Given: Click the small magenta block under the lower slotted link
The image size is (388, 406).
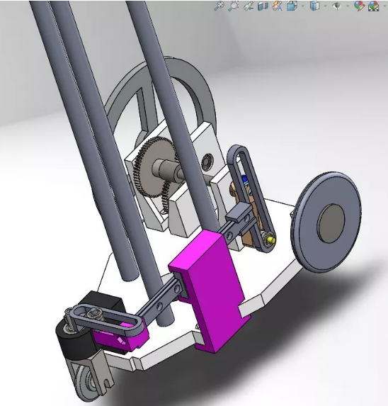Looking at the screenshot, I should point(120,340).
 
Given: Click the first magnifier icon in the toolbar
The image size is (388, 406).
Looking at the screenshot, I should point(219,6).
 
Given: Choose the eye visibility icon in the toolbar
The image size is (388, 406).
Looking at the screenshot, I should point(336,6).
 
